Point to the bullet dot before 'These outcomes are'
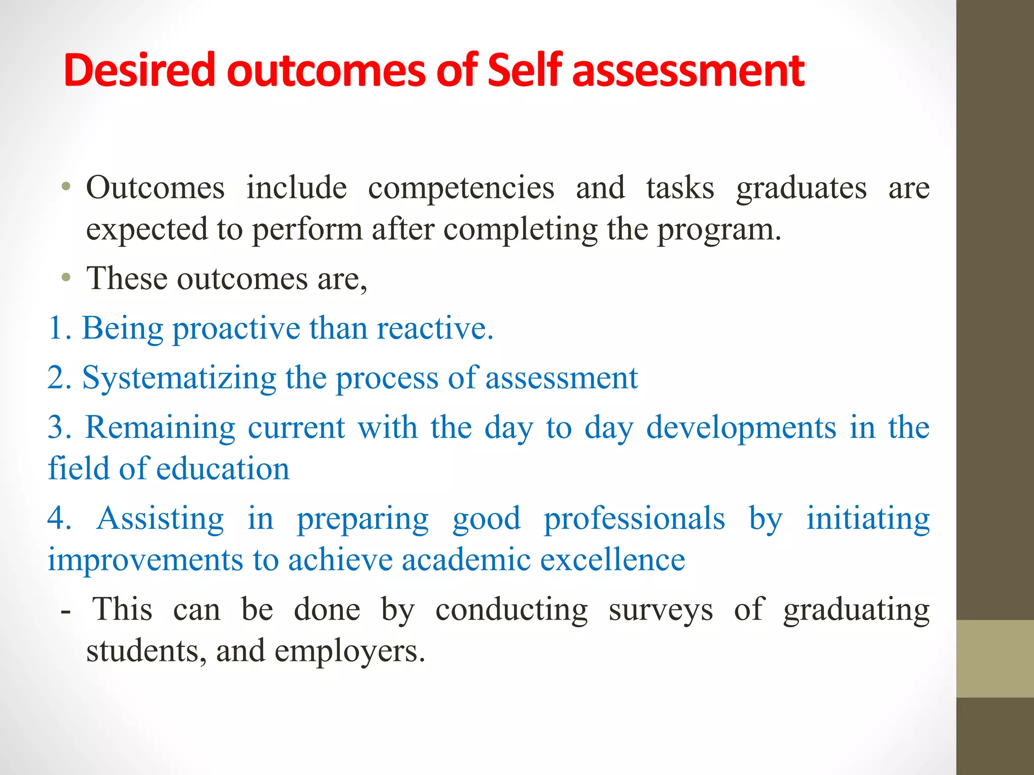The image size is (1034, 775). tap(66, 278)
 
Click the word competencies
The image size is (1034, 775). tap(461, 189)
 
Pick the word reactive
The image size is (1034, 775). tap(434, 328)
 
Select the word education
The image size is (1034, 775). tap(223, 469)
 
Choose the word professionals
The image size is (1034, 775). tap(634, 520)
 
